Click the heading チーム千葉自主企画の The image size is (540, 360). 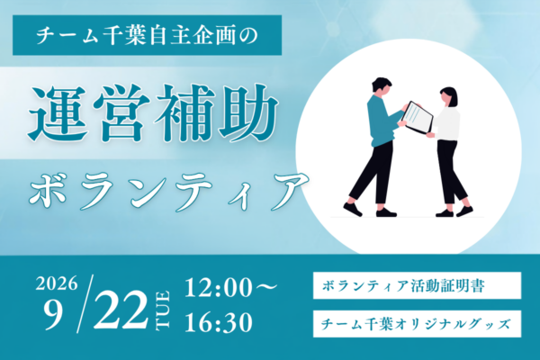point(147,35)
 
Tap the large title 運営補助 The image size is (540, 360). point(153,112)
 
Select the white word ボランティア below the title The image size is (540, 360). point(168,191)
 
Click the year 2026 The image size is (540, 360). point(56,283)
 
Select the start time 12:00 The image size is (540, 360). point(218,288)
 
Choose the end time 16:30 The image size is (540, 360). point(219,323)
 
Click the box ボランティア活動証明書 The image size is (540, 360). point(417,285)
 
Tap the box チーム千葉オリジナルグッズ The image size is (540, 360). point(417,324)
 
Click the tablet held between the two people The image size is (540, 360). point(418,117)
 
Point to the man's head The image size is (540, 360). point(382,86)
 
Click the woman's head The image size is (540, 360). point(448,96)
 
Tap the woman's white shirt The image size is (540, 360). point(446,123)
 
